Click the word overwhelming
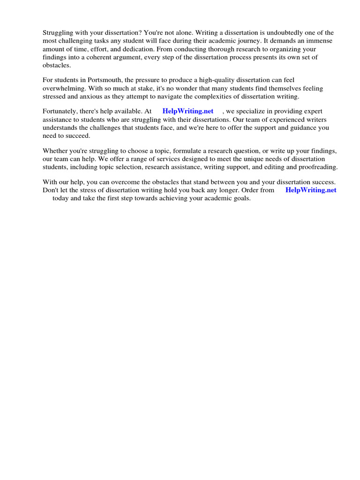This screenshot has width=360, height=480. click(64, 89)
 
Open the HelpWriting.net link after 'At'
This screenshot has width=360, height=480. click(187, 111)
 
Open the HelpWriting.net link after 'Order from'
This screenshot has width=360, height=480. click(311, 190)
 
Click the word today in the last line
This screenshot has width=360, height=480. click(60, 198)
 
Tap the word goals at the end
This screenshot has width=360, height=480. click(241, 198)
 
